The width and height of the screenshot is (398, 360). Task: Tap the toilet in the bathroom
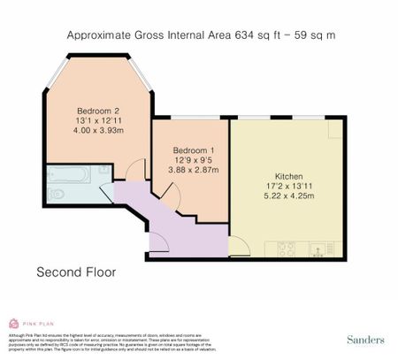pos(56,192)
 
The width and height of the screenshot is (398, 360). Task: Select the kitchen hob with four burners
pos(287,249)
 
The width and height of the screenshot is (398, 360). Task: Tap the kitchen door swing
pos(239,244)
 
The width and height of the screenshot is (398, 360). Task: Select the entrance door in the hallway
pos(161,244)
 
